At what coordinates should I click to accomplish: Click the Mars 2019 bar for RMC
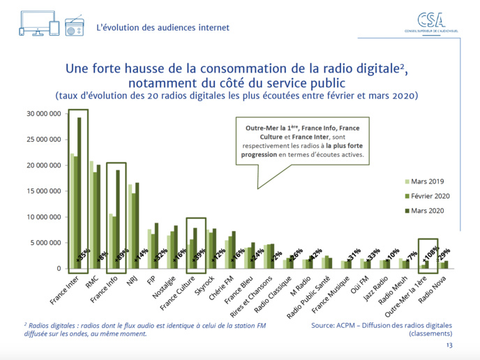click(91, 214)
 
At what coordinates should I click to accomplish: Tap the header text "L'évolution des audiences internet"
click(163, 28)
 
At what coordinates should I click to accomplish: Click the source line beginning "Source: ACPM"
click(381, 325)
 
